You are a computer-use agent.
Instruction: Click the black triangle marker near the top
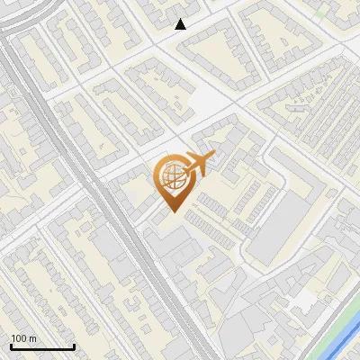click(x=181, y=24)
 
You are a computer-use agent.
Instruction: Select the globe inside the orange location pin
click(x=171, y=178)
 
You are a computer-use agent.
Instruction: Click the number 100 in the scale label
click(x=20, y=338)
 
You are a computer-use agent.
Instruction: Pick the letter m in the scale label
click(x=33, y=338)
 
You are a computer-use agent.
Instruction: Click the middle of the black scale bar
click(x=42, y=347)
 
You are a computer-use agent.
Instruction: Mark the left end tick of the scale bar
click(x=11, y=346)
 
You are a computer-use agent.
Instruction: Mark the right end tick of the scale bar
click(x=74, y=346)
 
